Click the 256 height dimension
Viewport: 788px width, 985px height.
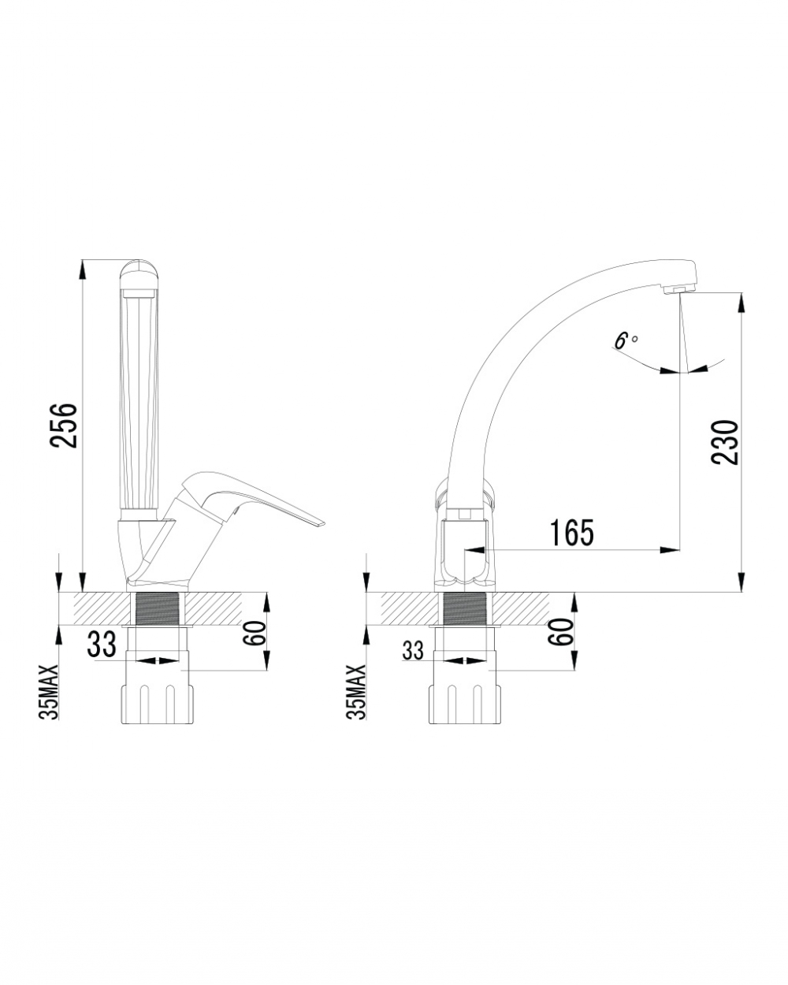tap(64, 425)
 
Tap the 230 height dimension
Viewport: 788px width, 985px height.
tap(725, 442)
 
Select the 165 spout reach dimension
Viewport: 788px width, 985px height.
tap(572, 533)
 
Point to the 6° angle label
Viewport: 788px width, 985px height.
tap(626, 340)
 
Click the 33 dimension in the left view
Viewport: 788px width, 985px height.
tap(101, 645)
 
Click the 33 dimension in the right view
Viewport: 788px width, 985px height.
tap(413, 650)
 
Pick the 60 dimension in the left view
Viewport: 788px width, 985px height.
tap(258, 633)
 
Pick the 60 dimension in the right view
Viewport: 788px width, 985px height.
tap(563, 632)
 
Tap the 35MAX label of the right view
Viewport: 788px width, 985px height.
tap(358, 693)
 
